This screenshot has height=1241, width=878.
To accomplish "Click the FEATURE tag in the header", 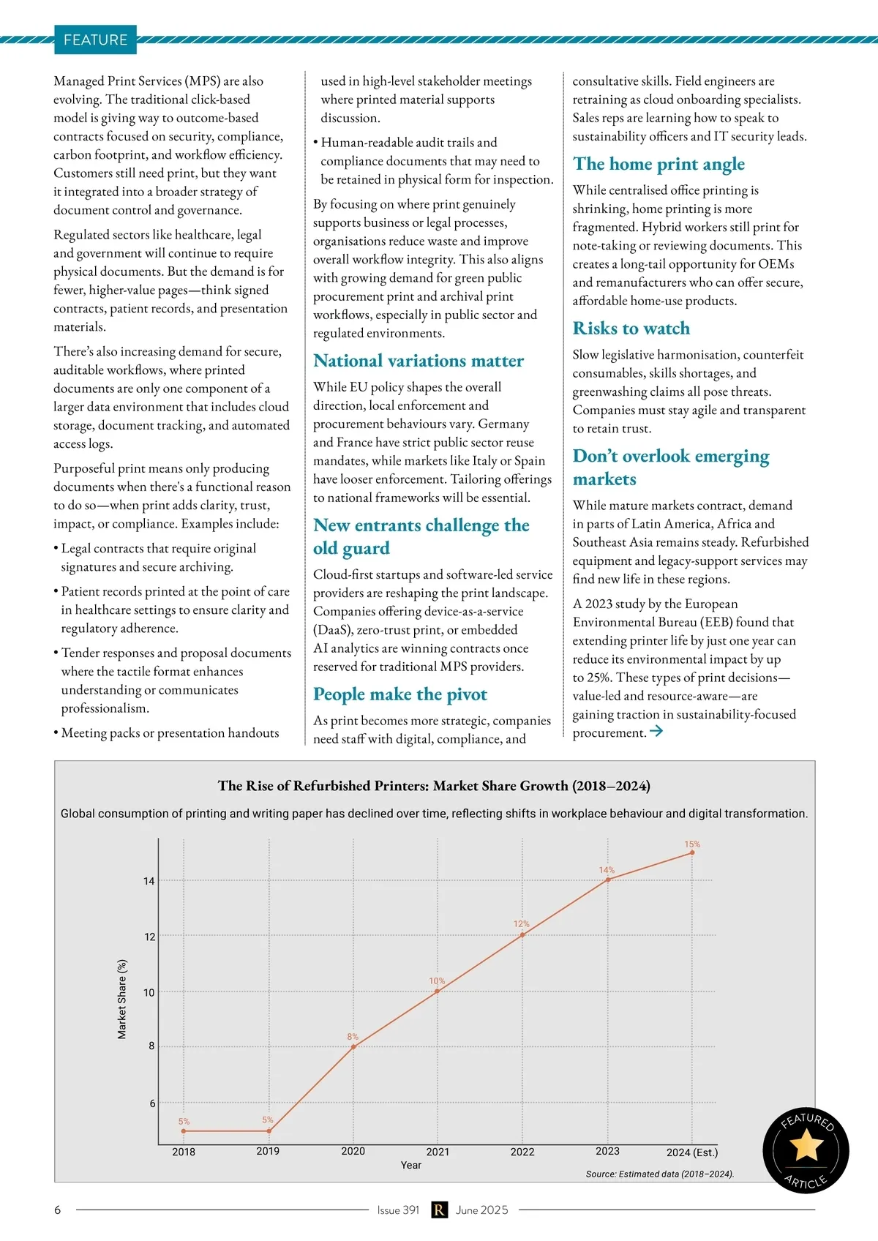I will pyautogui.click(x=95, y=40).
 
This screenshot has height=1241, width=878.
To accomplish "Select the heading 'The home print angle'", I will pyautogui.click(x=658, y=164).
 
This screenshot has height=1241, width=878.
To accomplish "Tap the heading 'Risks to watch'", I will pyautogui.click(x=631, y=329).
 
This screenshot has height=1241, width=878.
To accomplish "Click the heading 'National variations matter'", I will pyautogui.click(x=418, y=361).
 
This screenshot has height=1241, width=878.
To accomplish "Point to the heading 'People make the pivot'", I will pyautogui.click(x=399, y=694).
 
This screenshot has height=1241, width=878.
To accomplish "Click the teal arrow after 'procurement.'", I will pyautogui.click(x=656, y=731).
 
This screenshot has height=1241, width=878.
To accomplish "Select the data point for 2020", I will pyautogui.click(x=353, y=1047).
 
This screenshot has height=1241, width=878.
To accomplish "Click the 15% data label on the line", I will pyautogui.click(x=692, y=844).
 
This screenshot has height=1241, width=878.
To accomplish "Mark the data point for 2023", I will pyautogui.click(x=608, y=880).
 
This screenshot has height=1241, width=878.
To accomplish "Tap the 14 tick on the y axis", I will pyautogui.click(x=149, y=881).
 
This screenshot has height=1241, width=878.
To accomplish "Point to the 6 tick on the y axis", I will pyautogui.click(x=152, y=1103).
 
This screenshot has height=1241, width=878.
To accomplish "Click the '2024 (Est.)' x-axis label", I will pyautogui.click(x=691, y=1152).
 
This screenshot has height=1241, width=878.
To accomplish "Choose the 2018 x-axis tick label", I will pyautogui.click(x=184, y=1152).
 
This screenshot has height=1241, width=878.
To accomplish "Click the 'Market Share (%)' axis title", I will pyautogui.click(x=122, y=999).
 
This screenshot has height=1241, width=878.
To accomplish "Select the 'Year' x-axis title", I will pyautogui.click(x=410, y=1165).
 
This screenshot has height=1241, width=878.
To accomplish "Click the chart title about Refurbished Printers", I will pyautogui.click(x=434, y=786).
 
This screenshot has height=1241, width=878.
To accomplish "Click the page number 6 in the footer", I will pyautogui.click(x=58, y=1210).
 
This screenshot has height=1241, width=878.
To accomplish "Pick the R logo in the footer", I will pyautogui.click(x=438, y=1210).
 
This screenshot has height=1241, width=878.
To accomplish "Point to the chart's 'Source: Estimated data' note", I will pyautogui.click(x=659, y=1174).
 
